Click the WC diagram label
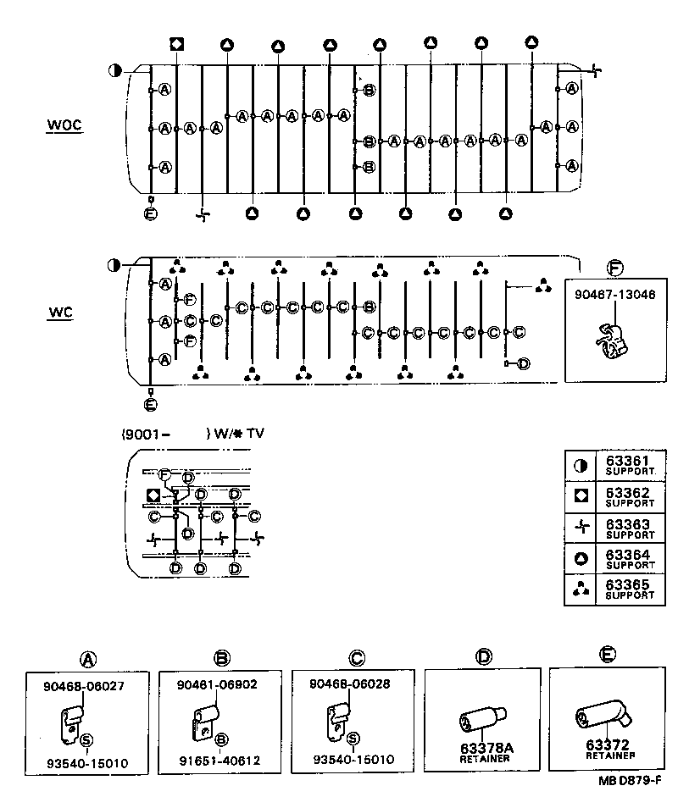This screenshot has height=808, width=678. pos(60,313)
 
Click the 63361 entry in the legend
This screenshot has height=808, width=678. pos(627,461)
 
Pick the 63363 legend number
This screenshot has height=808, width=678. pos(627,524)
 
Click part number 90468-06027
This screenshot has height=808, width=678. pos(86,686)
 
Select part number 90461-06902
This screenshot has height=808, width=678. pos(218,684)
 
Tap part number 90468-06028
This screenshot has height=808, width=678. pos(351,684)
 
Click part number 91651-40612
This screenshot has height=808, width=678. pos(220,761)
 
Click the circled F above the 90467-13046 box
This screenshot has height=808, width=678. pos(615,269)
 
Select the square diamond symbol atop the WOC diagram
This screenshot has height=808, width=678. pos(176,44)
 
